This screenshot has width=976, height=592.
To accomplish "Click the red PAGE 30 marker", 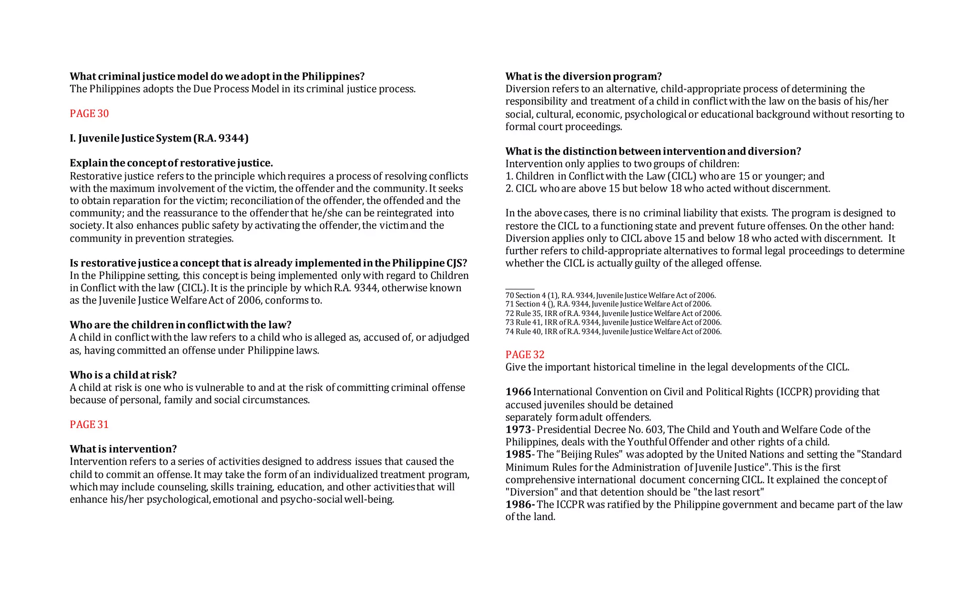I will [89, 113].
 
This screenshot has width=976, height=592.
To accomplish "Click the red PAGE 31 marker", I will [89, 425].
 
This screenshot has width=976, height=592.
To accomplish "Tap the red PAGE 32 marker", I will [525, 355].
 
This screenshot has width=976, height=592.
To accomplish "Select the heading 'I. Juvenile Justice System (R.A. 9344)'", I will [159, 138].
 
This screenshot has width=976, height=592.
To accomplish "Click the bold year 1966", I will [518, 392].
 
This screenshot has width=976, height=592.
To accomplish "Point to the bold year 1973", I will [518, 429].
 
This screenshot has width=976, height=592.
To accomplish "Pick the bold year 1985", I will [518, 454].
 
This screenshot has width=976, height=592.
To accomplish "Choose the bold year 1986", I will [518, 504].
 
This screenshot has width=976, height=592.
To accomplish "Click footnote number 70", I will [509, 296].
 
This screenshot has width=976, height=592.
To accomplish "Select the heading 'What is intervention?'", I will [123, 449].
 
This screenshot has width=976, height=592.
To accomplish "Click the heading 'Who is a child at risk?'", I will [123, 375].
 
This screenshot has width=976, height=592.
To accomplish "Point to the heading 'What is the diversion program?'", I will [583, 76].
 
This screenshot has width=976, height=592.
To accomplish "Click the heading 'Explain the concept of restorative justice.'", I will [171, 163].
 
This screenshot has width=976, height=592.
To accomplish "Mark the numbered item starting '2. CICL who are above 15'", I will [667, 189].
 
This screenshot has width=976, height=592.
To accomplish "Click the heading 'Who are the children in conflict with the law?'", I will [180, 325].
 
